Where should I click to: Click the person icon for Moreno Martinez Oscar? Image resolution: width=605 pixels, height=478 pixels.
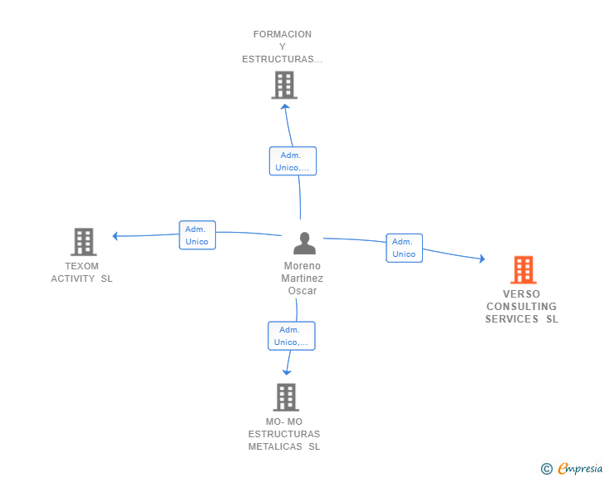coord(304,243)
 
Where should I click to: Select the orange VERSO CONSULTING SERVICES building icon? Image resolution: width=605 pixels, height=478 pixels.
coord(524,269)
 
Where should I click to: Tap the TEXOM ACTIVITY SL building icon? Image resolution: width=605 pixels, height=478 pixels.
coord(83,242)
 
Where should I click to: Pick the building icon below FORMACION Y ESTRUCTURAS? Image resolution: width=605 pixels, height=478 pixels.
coord(284,85)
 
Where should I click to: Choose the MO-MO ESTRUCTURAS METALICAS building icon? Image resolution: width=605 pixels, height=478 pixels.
coord(286,397)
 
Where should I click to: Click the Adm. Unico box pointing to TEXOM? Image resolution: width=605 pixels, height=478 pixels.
coord(197,235)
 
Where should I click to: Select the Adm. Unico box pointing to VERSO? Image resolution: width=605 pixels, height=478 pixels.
coord(405,248)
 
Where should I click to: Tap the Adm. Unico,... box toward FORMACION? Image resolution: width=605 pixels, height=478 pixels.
coord(293,161)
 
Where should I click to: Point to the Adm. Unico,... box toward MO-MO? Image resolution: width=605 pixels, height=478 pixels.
coord(292,336)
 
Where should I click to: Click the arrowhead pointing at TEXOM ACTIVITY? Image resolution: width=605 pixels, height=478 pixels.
coord(115,236)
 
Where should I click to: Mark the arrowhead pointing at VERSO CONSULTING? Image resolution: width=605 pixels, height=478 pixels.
coord(482,259)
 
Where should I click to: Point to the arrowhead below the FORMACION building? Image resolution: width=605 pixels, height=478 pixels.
coord(285,106)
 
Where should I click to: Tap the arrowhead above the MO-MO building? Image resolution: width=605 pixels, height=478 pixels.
coord(287,372)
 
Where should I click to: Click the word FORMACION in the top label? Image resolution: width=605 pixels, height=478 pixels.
coord(283,34)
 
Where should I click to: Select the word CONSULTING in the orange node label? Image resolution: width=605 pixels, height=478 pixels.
coord(521,307)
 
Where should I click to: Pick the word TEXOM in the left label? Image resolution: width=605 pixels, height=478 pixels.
coord(81,266)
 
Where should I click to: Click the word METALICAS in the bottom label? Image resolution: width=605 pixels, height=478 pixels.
coord(275,446)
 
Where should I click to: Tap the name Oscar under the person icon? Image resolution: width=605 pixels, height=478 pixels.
coord(302,291)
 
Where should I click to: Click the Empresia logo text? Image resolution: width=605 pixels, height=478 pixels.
coord(580,469)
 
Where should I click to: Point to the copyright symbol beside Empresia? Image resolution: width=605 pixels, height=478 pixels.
coord(547,469)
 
